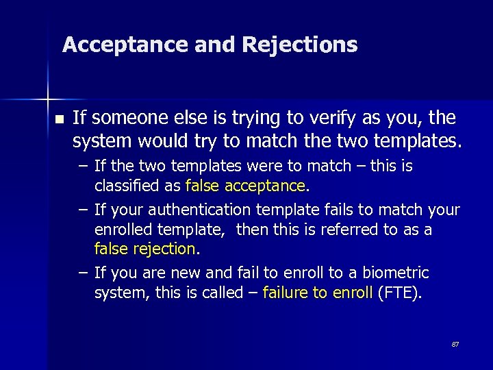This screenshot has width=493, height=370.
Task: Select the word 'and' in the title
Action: (216, 45)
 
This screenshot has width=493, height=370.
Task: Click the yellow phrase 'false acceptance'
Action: (244, 186)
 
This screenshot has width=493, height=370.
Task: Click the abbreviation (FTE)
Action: (400, 293)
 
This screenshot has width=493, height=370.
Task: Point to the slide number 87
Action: (455, 345)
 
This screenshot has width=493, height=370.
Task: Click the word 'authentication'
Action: (181, 209)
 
